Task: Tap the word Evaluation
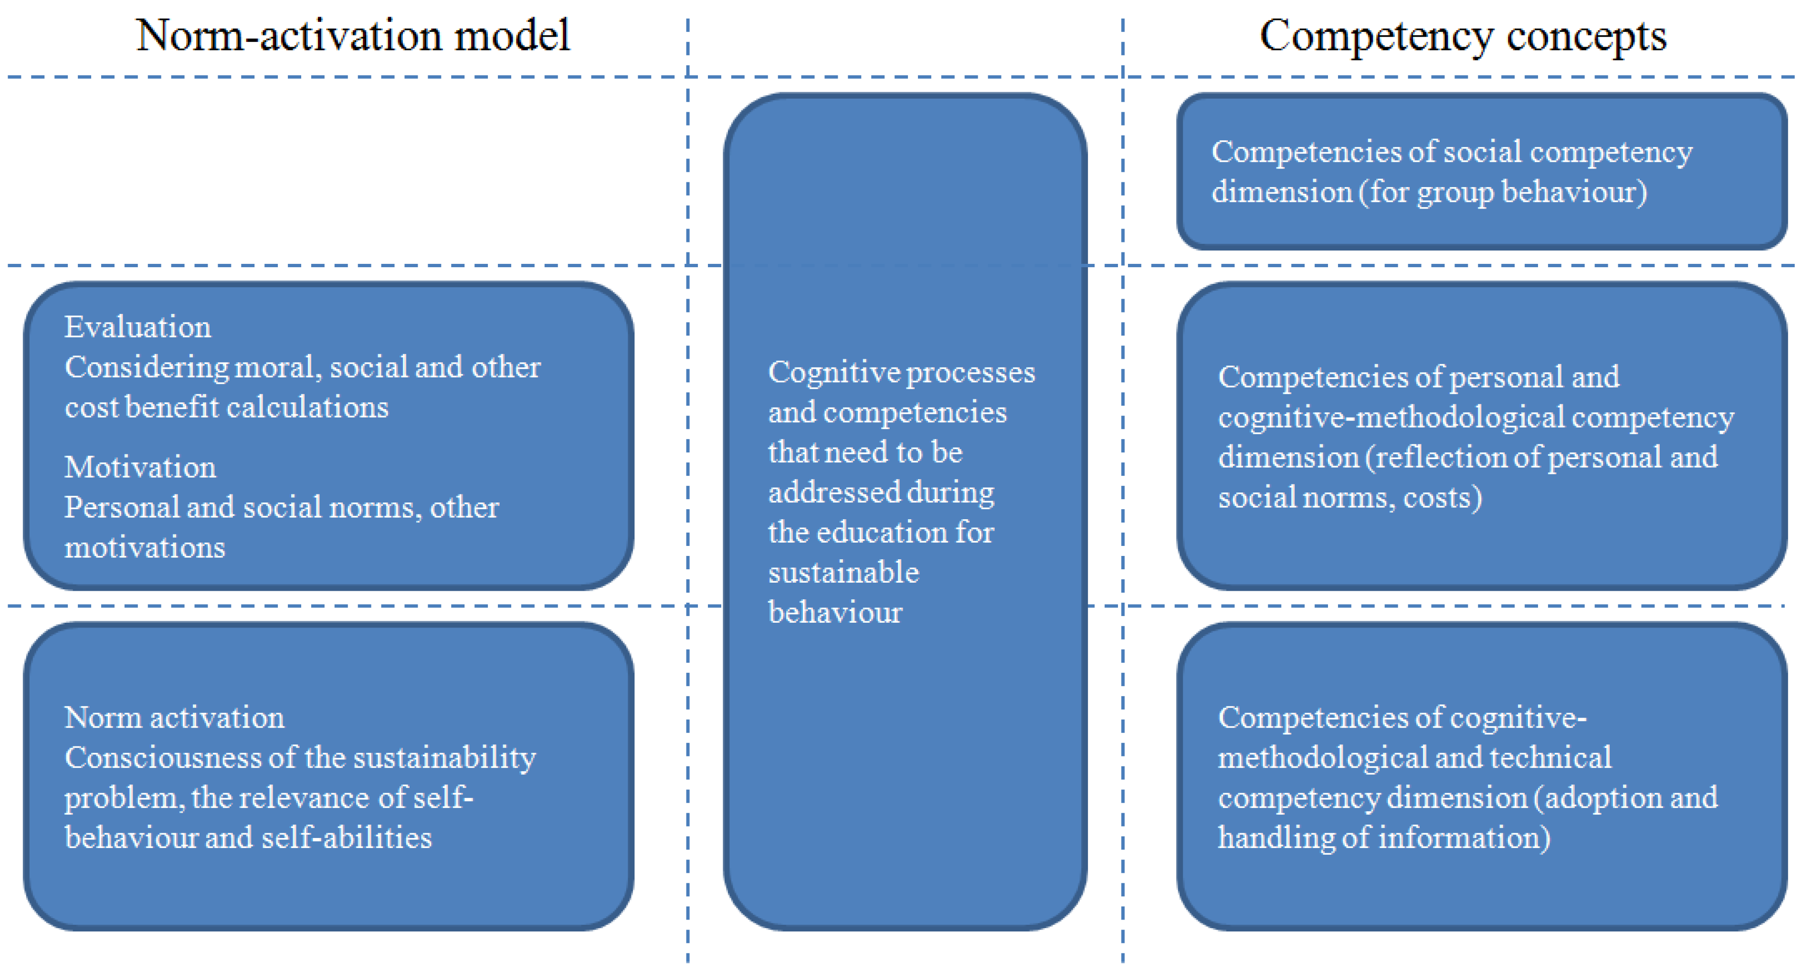click(x=138, y=327)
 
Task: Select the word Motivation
click(x=140, y=467)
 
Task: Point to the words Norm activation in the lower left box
click(x=174, y=717)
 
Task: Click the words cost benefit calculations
click(x=227, y=407)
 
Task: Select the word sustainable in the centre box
click(x=843, y=572)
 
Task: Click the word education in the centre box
click(x=881, y=533)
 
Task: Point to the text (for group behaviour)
click(x=1503, y=192)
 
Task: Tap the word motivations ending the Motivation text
click(x=145, y=547)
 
